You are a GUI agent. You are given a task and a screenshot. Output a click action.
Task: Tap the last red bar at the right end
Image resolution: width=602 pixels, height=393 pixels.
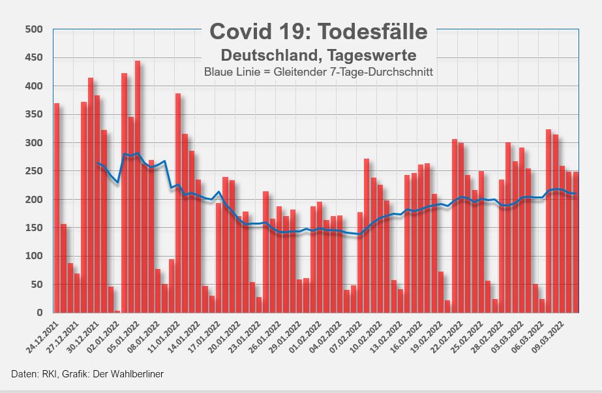click(x=576, y=242)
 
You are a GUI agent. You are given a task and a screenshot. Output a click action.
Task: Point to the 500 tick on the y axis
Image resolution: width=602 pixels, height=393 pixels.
click(x=33, y=29)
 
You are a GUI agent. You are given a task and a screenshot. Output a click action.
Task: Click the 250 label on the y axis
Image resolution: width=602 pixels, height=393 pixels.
click(x=33, y=171)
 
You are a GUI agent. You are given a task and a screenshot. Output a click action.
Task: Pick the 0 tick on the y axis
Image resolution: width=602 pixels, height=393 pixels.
click(x=39, y=313)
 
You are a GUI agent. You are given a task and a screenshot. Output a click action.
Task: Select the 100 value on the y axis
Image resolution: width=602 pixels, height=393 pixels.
click(x=33, y=256)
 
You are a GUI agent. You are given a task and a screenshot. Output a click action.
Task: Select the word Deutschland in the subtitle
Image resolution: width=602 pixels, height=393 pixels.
click(x=266, y=53)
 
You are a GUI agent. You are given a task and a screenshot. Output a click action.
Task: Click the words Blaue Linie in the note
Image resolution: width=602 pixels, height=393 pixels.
click(x=227, y=71)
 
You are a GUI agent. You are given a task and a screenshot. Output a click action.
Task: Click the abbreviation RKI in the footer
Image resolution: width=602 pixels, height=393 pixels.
click(x=50, y=374)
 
